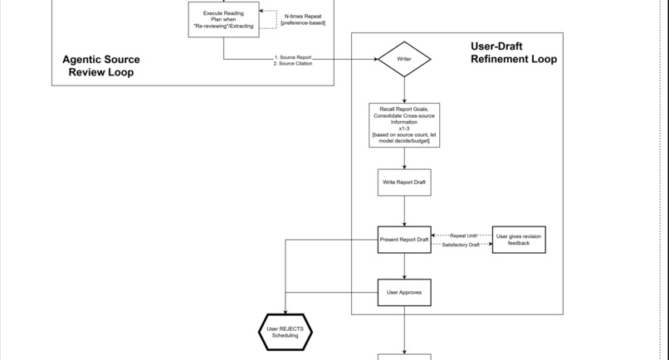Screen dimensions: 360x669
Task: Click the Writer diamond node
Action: pos(404,59)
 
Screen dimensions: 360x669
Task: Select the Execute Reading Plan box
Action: pos(223,19)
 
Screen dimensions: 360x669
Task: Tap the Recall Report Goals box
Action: pos(404,124)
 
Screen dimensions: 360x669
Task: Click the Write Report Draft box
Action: pos(404,182)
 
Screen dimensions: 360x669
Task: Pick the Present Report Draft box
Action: pos(404,240)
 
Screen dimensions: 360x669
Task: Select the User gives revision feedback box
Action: pos(519,240)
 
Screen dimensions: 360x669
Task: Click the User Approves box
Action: pos(404,292)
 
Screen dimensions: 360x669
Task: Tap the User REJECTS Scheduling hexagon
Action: pos(285,333)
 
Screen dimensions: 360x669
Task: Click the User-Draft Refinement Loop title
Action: pos(513,52)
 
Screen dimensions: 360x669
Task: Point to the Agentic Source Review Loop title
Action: pos(101,66)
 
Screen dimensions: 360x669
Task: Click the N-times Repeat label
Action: pos(303,16)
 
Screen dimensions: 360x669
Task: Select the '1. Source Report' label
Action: pos(293,57)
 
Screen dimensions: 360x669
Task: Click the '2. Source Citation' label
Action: pos(293,64)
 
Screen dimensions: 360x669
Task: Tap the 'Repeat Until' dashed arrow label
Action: pos(463,236)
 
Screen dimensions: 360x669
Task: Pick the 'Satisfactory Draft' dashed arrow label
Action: pos(461,245)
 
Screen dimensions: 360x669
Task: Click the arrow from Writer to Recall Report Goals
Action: pos(404,90)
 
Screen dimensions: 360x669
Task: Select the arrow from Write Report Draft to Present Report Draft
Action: pos(404,211)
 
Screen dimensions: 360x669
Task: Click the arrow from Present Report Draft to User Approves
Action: pos(404,265)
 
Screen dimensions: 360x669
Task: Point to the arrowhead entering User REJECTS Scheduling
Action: pos(285,311)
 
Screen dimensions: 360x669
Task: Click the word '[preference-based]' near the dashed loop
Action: pos(303,23)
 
